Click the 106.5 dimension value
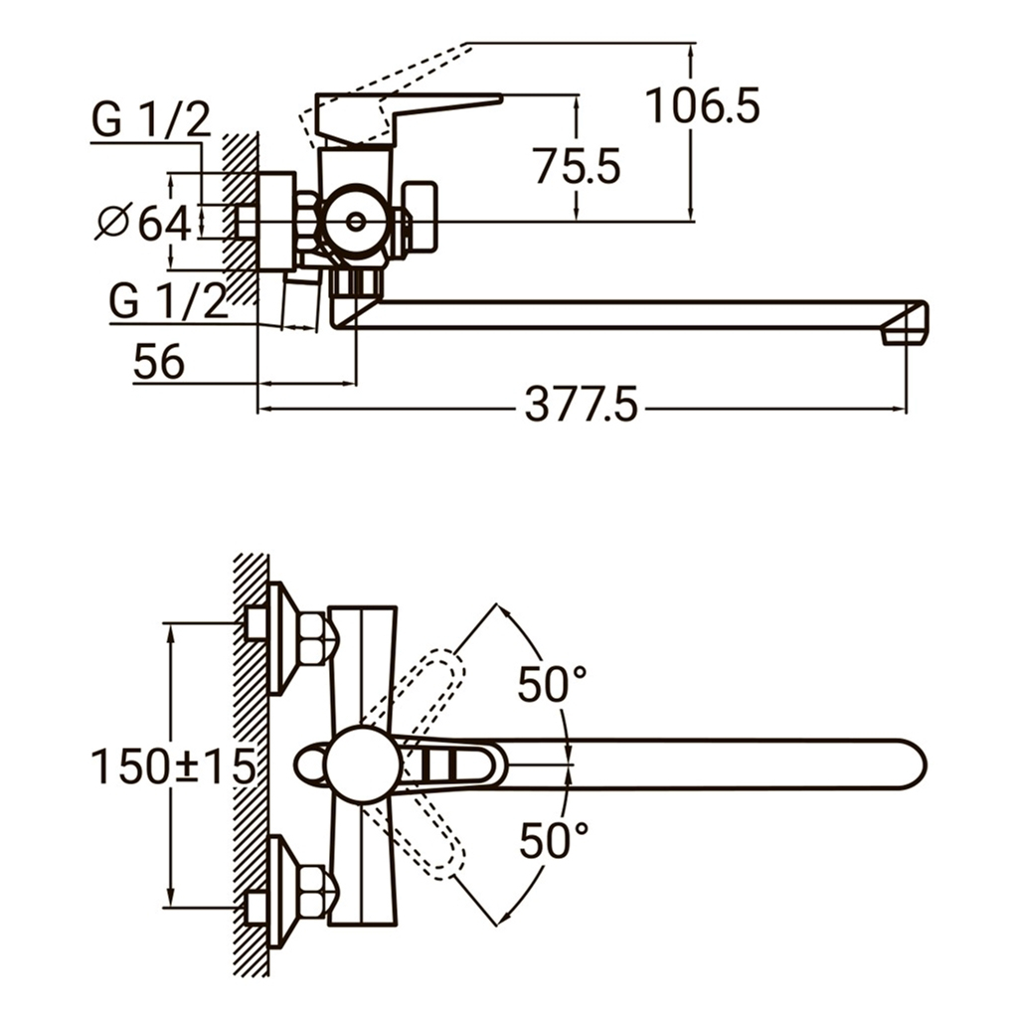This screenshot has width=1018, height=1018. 703,105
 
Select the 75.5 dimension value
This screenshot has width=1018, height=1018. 577,166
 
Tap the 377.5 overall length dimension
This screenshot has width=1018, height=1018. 582,406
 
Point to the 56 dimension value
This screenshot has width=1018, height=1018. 159,362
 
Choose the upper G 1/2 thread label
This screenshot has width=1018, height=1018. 151,121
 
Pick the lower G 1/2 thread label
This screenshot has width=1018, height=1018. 168,301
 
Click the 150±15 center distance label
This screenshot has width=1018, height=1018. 173,766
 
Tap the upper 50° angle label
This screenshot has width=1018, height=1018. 552,685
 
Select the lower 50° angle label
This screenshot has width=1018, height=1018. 553,842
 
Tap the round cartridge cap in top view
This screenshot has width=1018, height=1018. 363,764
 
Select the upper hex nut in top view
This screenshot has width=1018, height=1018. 315,637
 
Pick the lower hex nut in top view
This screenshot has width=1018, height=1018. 315,891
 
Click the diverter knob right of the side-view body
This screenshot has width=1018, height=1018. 423,216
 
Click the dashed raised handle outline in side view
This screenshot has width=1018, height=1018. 398,80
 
